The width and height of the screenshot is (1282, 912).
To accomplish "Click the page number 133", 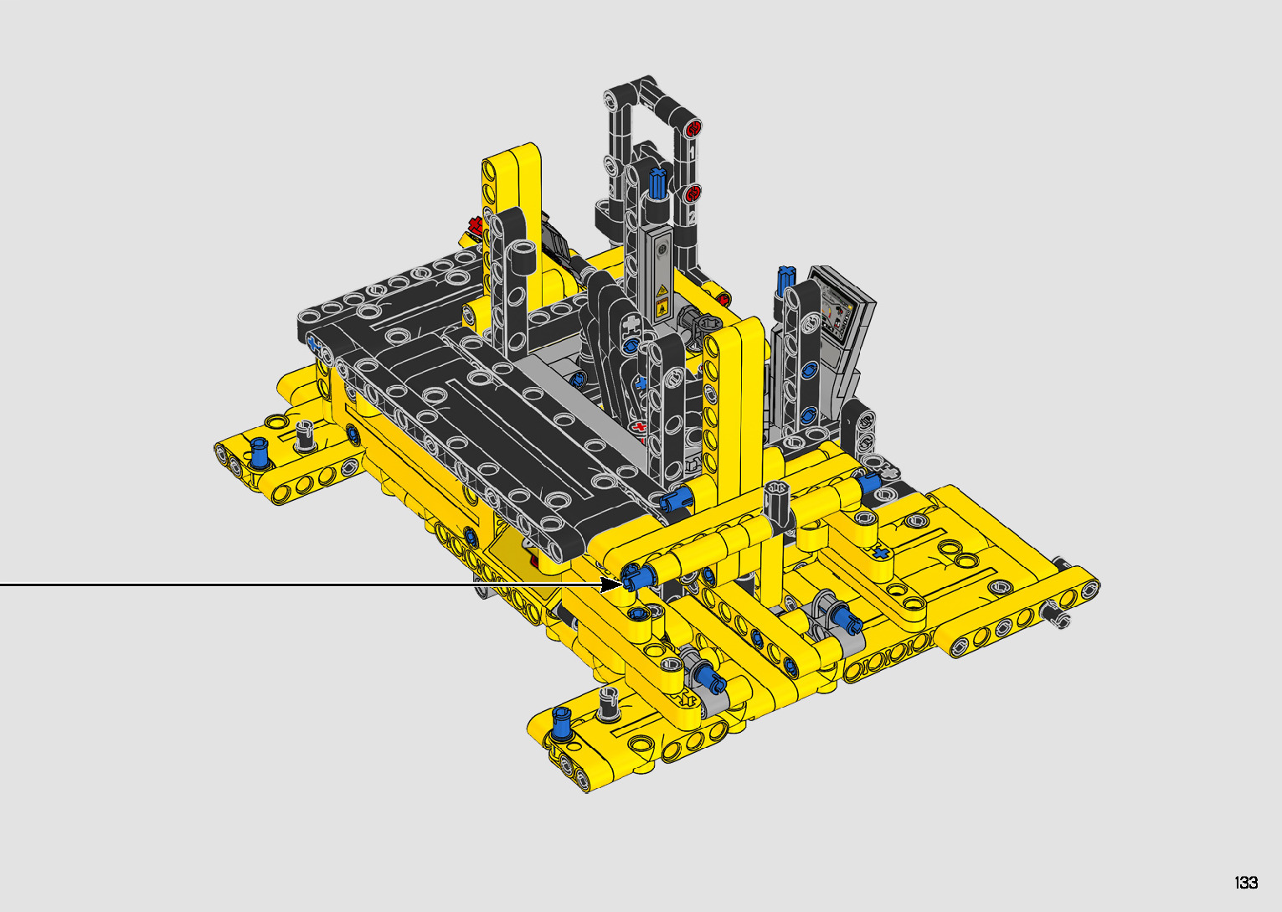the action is (1246, 882).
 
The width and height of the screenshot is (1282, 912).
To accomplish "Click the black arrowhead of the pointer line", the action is (610, 585).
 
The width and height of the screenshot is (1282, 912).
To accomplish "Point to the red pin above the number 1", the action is (693, 129).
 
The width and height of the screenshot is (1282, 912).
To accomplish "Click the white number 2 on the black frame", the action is (692, 218).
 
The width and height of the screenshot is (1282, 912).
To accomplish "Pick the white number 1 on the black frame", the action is (692, 152).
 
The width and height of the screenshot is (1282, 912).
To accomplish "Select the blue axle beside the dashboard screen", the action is (785, 281).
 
